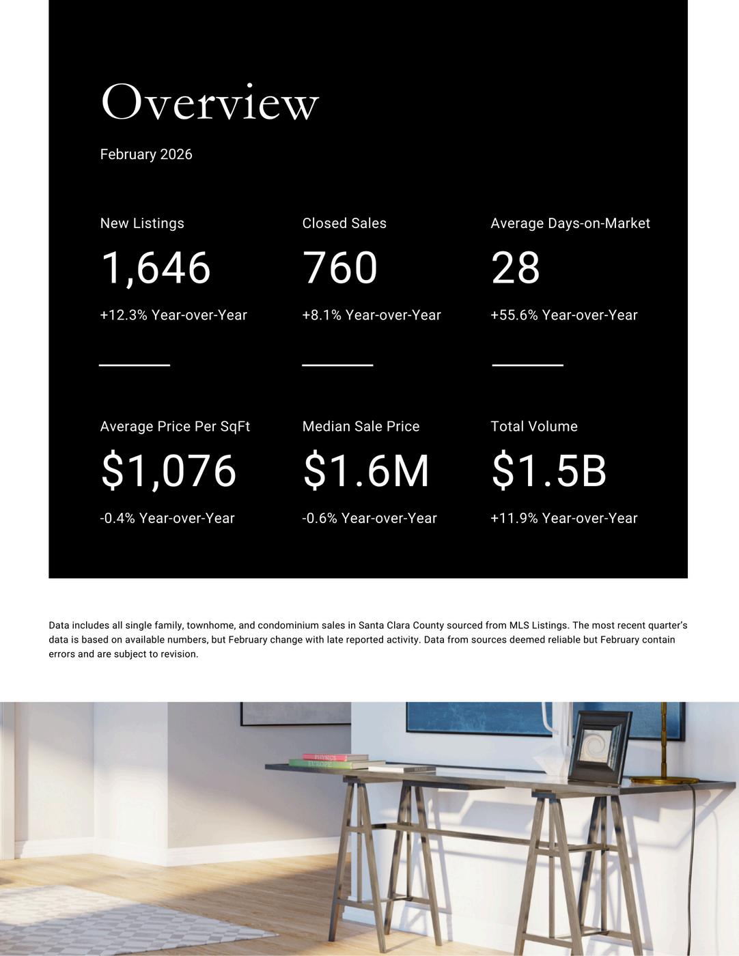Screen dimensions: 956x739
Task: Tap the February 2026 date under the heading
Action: pyautogui.click(x=146, y=154)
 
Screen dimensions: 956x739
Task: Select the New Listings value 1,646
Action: pyautogui.click(x=156, y=267)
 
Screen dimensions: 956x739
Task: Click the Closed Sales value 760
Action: pyautogui.click(x=340, y=267)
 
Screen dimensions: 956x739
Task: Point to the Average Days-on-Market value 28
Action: pyautogui.click(x=516, y=267)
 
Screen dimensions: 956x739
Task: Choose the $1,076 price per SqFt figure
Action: pyautogui.click(x=169, y=470)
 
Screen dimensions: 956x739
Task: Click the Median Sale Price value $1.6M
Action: pyautogui.click(x=366, y=470)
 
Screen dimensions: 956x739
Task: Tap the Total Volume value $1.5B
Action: pyautogui.click(x=549, y=470)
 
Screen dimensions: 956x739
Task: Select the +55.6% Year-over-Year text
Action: pyautogui.click(x=564, y=315)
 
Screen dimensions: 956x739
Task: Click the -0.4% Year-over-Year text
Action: pyautogui.click(x=167, y=518)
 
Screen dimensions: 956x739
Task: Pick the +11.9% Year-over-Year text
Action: pyautogui.click(x=564, y=518)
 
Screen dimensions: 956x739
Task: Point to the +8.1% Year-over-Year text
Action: pyautogui.click(x=372, y=315)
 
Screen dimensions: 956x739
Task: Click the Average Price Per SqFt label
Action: pyautogui.click(x=175, y=426)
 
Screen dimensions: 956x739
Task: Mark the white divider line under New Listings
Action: pyautogui.click(x=135, y=365)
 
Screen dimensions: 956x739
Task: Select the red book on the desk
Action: pyautogui.click(x=335, y=757)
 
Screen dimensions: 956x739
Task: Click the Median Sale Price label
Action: pyautogui.click(x=361, y=426)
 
